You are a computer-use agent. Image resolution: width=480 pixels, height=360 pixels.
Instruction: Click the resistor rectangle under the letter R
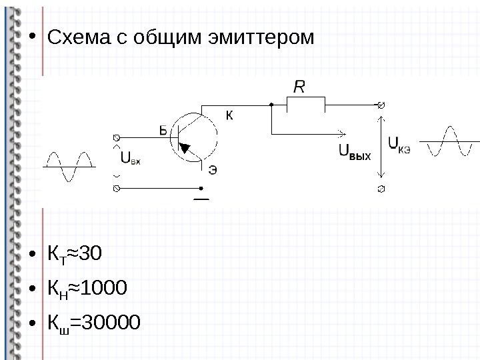click(x=305, y=105)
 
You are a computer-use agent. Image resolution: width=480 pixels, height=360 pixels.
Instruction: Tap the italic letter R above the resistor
click(x=300, y=87)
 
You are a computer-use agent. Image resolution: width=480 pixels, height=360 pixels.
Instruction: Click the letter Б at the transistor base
click(x=164, y=131)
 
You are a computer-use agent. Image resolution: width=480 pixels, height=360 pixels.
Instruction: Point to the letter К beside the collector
click(x=229, y=116)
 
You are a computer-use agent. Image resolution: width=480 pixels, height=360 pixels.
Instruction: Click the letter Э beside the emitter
click(x=213, y=169)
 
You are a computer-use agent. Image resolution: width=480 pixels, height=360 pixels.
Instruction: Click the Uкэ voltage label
click(x=399, y=144)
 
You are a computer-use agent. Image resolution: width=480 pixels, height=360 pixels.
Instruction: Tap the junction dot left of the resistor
click(x=272, y=105)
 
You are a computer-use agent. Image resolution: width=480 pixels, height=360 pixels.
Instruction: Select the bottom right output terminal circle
click(x=381, y=189)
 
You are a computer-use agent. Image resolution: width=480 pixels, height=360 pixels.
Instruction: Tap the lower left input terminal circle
click(x=117, y=189)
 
